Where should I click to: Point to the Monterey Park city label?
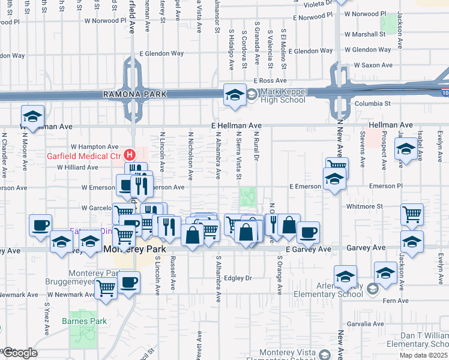(x=130, y=248)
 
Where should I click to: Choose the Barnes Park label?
(x=84, y=321)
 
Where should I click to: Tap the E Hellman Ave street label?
(x=236, y=125)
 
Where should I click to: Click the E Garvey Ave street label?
(x=309, y=249)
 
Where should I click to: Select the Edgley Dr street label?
(x=238, y=278)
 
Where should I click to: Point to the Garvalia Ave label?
(x=364, y=323)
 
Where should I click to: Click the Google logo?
(x=19, y=353)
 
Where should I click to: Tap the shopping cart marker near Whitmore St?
(x=412, y=214)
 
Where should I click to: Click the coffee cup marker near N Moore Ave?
(x=41, y=226)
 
